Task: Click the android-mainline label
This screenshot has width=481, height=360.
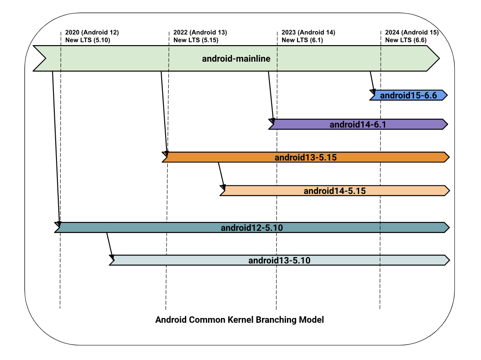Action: [x=236, y=58]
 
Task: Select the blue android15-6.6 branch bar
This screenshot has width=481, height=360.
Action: [x=408, y=95]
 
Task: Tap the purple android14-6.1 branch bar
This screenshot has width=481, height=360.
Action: [x=357, y=124]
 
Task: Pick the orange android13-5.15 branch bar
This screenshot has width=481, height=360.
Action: [x=305, y=157]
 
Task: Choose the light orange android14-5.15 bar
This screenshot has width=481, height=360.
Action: [x=334, y=191]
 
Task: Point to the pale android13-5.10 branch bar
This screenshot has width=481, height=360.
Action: [x=279, y=260]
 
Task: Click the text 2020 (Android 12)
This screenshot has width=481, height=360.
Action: [x=92, y=32]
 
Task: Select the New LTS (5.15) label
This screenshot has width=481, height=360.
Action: [x=196, y=40]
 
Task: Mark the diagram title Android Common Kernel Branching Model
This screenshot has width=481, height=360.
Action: [x=240, y=320]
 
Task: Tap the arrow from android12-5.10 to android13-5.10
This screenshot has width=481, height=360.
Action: [x=110, y=246]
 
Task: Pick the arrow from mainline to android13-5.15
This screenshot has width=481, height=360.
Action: [x=164, y=112]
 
